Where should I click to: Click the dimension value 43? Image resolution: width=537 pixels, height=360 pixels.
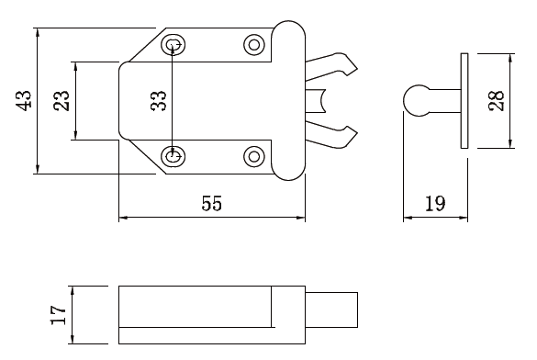click(x=25, y=99)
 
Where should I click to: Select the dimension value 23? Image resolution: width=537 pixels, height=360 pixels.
click(x=61, y=100)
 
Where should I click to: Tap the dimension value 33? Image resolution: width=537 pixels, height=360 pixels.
click(x=159, y=100)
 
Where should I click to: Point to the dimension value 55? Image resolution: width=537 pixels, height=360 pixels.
click(x=211, y=204)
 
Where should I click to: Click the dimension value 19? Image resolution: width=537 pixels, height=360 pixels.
click(x=436, y=204)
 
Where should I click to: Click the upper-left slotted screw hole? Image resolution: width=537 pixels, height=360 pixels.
click(x=173, y=44)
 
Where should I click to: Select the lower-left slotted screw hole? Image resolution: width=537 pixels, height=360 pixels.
click(x=173, y=156)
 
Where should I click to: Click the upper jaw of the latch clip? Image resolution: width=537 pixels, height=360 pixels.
click(x=330, y=67)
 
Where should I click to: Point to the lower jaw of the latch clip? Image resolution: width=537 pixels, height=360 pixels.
click(x=330, y=134)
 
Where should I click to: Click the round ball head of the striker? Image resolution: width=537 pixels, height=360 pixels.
click(x=418, y=100)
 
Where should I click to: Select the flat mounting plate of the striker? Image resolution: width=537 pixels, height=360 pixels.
click(x=464, y=100)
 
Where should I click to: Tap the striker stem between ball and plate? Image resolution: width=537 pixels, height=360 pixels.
click(x=445, y=100)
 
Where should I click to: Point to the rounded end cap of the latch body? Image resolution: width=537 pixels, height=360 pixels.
click(x=288, y=99)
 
